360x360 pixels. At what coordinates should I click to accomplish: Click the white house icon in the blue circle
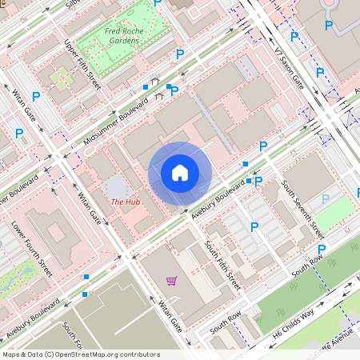pyautogui.click(x=180, y=173)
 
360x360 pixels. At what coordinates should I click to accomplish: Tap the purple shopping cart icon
pyautogui.click(x=171, y=280)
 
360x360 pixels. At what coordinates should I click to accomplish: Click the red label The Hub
pyautogui.click(x=126, y=202)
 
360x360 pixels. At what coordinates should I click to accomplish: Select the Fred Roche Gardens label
pyautogui.click(x=122, y=36)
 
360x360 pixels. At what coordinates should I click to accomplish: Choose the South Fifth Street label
pyautogui.click(x=223, y=265)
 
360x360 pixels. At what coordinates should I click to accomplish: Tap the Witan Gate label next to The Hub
pyautogui.click(x=89, y=206)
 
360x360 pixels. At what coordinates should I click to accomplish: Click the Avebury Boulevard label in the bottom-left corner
pyautogui.click(x=34, y=319)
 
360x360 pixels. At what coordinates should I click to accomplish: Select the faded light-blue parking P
pyautogui.click(x=326, y=198)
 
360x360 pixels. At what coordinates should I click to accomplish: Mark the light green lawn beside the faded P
pyautogui.click(x=337, y=209)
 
